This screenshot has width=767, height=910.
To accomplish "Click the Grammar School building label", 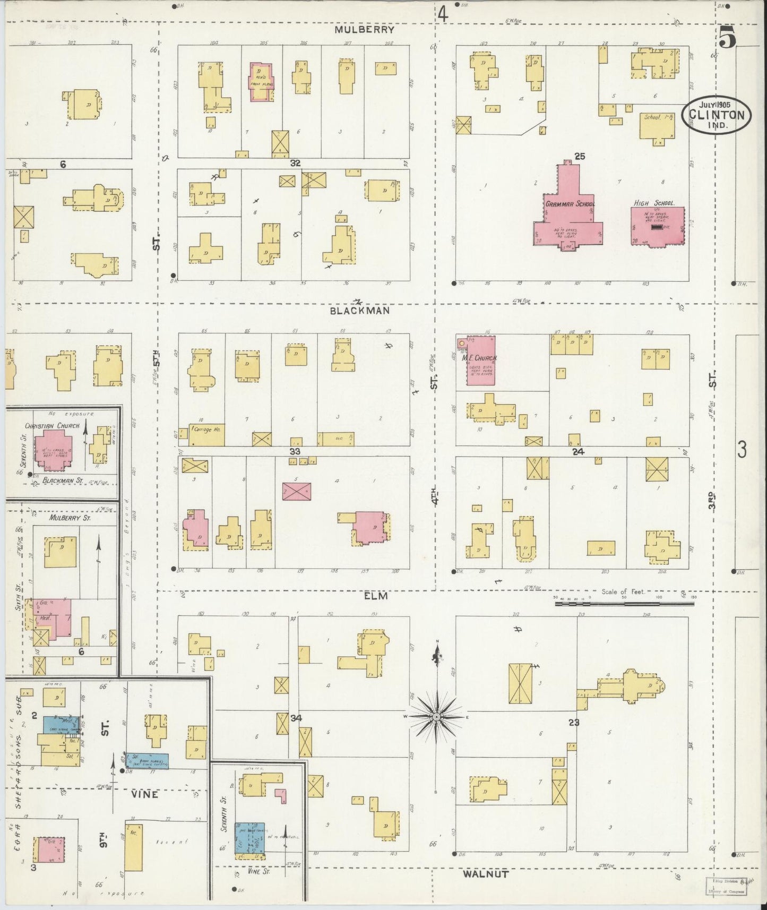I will (x=570, y=203).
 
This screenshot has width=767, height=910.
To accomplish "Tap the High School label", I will (x=654, y=203).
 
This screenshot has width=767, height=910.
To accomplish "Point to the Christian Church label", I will (x=52, y=426).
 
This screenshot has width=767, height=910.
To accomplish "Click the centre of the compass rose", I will (x=436, y=717).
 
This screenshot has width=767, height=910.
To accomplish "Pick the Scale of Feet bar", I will (x=624, y=603).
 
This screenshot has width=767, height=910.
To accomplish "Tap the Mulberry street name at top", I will (x=364, y=30).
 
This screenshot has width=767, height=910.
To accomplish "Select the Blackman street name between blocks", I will (x=359, y=311).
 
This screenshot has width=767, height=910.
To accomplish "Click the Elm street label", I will (x=375, y=596).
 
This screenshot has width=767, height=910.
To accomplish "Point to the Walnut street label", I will (x=486, y=873).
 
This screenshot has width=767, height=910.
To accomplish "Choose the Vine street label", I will (x=144, y=794).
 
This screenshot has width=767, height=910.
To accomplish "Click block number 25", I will (x=579, y=156).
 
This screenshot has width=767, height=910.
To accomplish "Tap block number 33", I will (x=295, y=451).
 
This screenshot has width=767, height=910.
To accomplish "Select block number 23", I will (x=573, y=722).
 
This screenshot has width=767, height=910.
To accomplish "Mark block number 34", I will (x=296, y=718).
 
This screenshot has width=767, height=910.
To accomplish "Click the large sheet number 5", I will (x=728, y=38).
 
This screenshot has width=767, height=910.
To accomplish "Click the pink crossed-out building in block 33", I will (x=296, y=491).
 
